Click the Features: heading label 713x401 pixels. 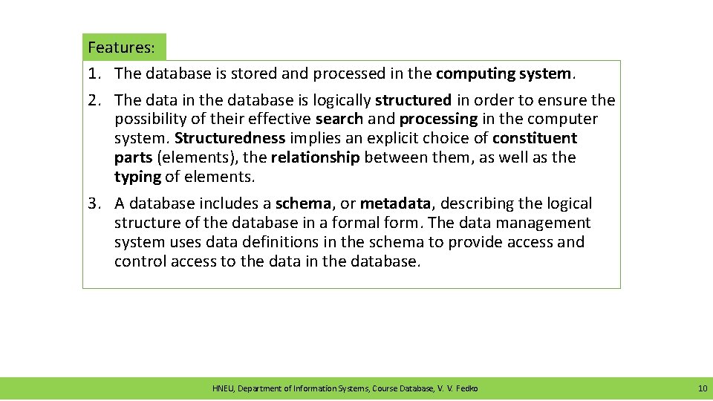point(121,48)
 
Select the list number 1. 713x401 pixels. point(92,74)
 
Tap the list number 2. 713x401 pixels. point(92,100)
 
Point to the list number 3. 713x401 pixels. point(92,203)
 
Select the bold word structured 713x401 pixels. point(413,100)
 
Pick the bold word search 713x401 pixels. point(339,119)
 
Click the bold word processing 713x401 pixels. point(438,119)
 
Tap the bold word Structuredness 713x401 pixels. point(229,138)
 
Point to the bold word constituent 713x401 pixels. point(534,138)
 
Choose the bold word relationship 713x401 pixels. point(315,157)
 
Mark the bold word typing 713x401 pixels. point(137,177)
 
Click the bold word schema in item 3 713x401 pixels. point(302,203)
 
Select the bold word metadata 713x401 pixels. point(395,203)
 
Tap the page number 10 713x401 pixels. point(703,388)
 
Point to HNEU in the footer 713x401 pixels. point(222,388)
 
